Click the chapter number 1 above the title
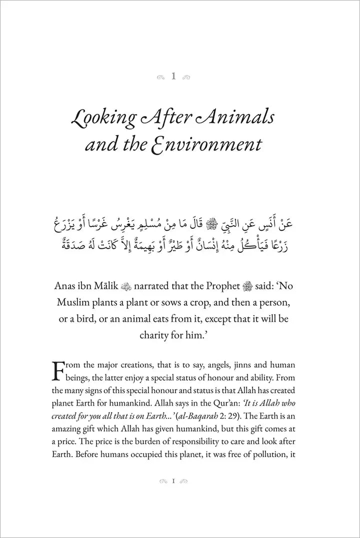(173, 76)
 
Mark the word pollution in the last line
(273, 456)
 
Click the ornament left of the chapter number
(160, 77)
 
